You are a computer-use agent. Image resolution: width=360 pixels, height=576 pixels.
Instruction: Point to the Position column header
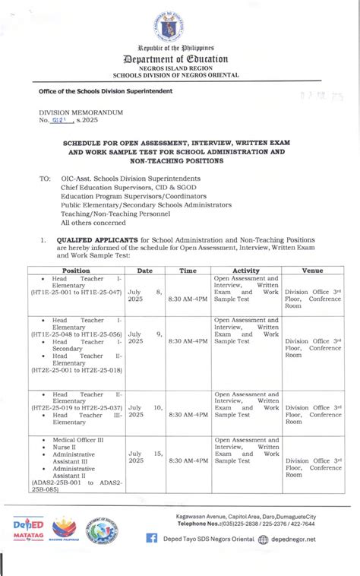click(76, 270)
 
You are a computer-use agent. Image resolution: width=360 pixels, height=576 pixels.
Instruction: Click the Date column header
click(144, 270)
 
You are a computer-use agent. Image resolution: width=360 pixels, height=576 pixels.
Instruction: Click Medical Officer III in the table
click(79, 440)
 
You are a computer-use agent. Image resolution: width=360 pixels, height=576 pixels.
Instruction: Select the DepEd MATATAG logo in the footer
click(28, 528)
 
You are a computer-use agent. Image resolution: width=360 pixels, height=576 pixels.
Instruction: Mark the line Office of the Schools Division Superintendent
click(106, 91)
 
